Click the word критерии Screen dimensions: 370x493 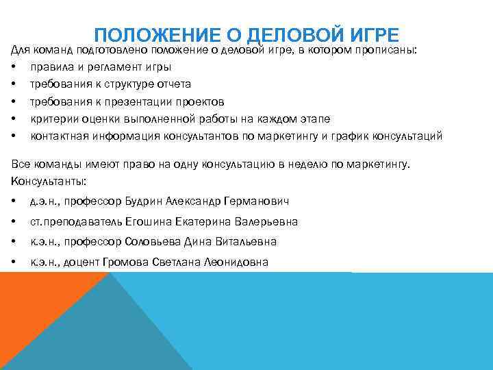click(50, 119)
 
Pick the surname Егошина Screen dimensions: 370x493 click(146, 222)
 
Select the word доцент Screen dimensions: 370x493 click(83, 262)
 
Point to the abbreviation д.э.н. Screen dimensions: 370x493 click(43, 201)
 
